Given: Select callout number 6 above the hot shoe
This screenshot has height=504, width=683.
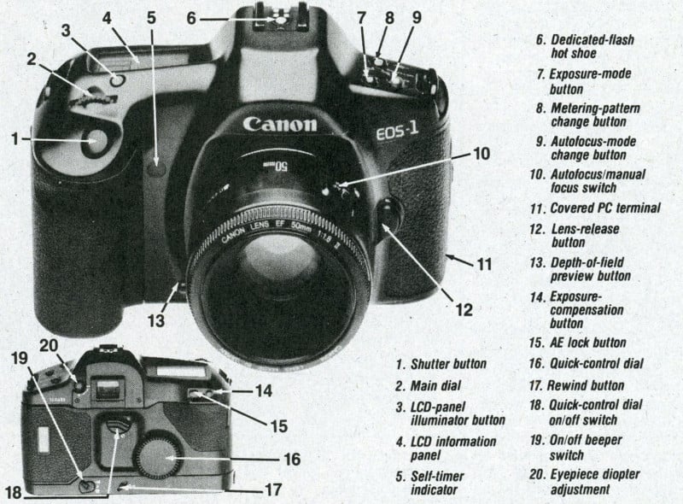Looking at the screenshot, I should pyautogui.click(x=191, y=16).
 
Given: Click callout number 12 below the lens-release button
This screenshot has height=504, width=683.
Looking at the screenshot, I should pyautogui.click(x=464, y=309).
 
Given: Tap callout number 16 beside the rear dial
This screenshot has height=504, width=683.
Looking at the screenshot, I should pyautogui.click(x=291, y=459).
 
